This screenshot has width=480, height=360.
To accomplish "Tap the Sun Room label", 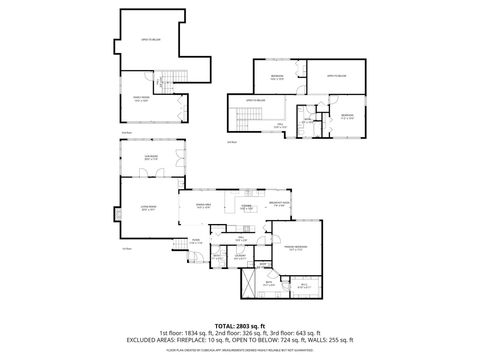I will tap(151, 157).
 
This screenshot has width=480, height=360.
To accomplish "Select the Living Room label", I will tap(148, 209).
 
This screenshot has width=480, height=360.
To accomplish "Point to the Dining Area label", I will tap(203, 205).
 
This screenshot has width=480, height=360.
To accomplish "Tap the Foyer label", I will tap(197, 241).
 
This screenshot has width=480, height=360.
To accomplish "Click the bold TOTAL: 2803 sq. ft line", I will tap(240, 326).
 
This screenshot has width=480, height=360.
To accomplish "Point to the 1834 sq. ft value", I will tap(196, 333).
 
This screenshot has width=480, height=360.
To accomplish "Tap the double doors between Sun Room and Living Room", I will tap(152, 178).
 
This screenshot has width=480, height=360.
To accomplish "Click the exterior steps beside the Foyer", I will tap(178, 244).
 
